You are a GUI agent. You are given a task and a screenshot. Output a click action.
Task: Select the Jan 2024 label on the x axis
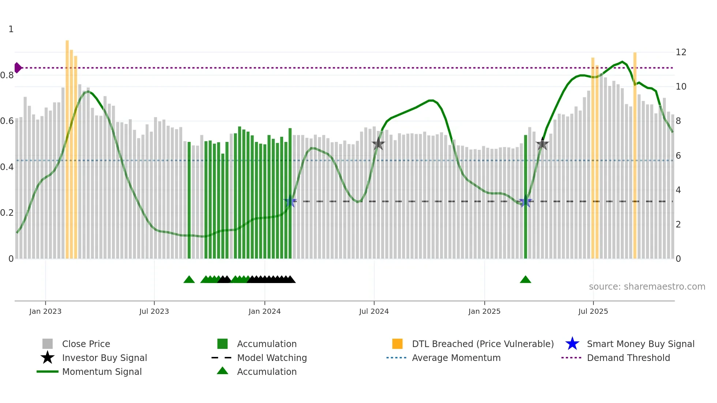(264, 311)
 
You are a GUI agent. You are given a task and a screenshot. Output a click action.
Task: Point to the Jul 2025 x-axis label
(593, 311)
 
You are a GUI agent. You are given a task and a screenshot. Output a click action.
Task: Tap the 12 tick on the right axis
(681, 52)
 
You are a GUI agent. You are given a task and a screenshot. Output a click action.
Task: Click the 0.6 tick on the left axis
(7, 121)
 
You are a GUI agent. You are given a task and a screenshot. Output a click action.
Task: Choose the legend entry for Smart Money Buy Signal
(640, 344)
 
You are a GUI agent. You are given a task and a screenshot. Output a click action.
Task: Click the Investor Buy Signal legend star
(48, 358)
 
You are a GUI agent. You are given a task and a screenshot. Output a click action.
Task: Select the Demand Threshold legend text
(628, 358)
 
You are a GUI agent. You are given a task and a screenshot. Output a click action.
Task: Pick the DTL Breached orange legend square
(397, 344)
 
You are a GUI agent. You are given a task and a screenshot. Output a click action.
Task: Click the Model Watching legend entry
(271, 358)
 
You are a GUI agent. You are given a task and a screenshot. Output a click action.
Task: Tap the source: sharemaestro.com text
(647, 287)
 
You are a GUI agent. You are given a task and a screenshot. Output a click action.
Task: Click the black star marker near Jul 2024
(378, 144)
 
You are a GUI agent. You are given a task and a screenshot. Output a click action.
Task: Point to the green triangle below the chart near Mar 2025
(525, 280)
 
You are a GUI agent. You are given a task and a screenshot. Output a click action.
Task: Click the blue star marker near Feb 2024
(290, 201)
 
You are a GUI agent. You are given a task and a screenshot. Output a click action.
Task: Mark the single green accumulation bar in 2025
(526, 197)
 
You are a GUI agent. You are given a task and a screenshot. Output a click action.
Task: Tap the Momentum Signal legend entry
(102, 372)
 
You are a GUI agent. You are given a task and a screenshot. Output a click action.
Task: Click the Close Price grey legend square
(48, 344)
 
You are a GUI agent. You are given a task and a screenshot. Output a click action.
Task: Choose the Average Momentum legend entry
(456, 358)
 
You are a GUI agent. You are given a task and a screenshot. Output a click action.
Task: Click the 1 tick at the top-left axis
(11, 29)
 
